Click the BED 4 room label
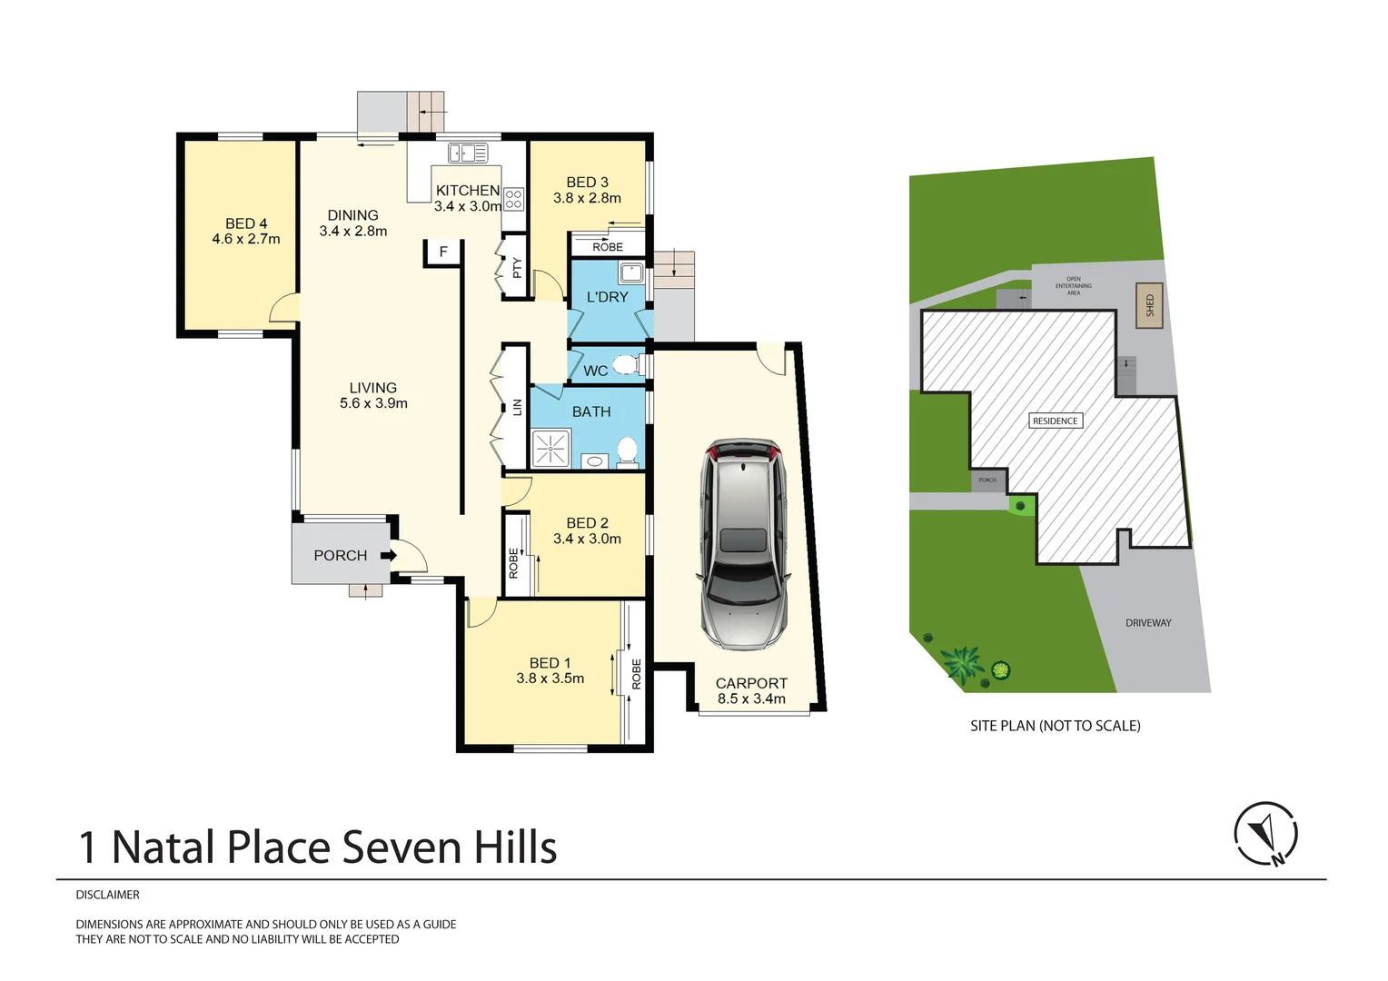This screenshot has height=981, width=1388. click(246, 223)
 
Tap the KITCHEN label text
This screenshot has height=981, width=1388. click(468, 190)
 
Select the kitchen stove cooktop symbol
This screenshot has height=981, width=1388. click(513, 199)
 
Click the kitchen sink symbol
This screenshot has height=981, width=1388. click(468, 153)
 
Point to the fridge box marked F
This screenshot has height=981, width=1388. click(443, 252)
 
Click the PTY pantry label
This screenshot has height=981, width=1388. click(517, 268)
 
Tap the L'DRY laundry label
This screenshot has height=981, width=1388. click(607, 297)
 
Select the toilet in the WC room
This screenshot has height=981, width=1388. click(626, 365)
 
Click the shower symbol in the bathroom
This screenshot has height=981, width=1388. click(550, 449)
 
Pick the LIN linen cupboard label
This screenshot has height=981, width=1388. click(518, 407)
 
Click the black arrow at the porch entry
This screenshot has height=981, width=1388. click(388, 555)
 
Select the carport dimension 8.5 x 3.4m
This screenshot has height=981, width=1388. click(751, 699)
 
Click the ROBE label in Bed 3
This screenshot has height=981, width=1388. click(608, 247)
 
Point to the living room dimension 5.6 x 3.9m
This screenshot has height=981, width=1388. click(373, 403)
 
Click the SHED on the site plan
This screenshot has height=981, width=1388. click(1150, 305)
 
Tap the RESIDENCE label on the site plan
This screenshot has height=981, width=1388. click(1055, 421)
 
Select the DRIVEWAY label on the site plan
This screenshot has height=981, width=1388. click(1148, 623)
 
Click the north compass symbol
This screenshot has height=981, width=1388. click(1265, 833)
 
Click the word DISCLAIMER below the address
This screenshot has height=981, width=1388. click(108, 895)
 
